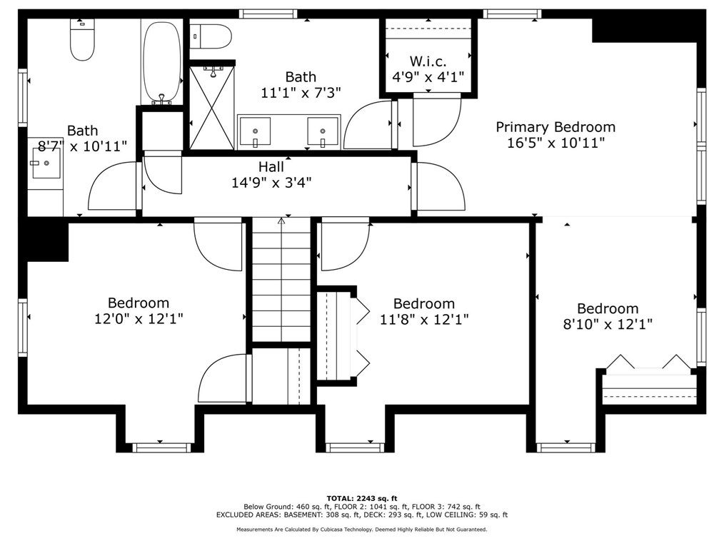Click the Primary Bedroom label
(x=555, y=127)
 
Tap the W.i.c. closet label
(x=428, y=61)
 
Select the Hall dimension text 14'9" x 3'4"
(x=271, y=183)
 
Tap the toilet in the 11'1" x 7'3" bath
(x=211, y=36)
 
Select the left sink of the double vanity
(x=254, y=131)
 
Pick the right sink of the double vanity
(x=323, y=131)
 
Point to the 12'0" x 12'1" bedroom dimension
(x=139, y=318)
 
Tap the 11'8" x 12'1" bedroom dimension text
(x=424, y=319)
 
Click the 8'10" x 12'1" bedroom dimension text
(x=608, y=324)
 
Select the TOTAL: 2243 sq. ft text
(x=362, y=498)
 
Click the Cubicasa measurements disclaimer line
(x=362, y=530)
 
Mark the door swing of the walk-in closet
(x=437, y=120)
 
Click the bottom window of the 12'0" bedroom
(x=161, y=447)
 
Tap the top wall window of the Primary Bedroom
(x=512, y=14)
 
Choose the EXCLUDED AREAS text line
(x=362, y=515)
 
